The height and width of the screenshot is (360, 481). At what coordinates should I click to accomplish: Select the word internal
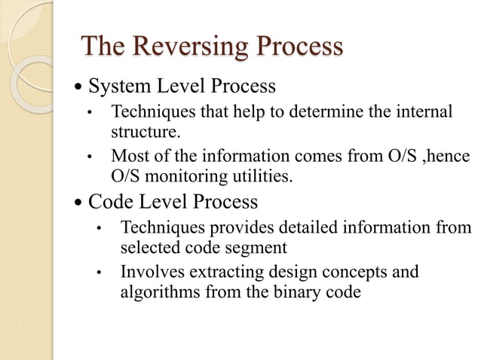coord(425,113)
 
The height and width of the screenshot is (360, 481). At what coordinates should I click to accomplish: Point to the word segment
coord(251,247)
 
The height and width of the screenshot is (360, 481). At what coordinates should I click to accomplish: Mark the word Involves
coord(151,270)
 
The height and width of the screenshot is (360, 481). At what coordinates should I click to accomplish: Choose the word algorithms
coord(157,291)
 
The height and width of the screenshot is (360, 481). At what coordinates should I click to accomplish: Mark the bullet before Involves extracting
coord(98,271)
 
